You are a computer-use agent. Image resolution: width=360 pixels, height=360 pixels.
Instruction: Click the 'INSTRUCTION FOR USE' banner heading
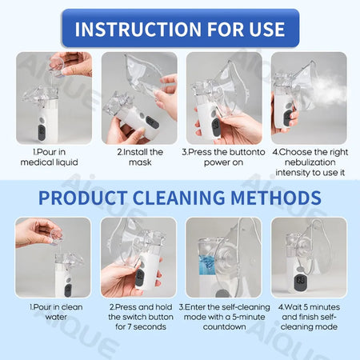coord(180,29)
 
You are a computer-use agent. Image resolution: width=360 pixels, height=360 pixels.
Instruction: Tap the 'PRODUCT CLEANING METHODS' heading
coord(180,198)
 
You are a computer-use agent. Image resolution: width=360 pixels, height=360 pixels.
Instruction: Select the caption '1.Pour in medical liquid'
coord(50,157)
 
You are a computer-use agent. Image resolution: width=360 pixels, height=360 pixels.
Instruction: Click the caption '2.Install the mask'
coord(140,157)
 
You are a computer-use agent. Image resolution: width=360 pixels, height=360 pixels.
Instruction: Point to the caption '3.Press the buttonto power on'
coord(223,157)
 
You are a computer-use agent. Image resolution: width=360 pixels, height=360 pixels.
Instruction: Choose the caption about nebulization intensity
coord(310,162)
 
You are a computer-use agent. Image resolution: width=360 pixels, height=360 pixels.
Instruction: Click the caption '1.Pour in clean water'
coord(56,312)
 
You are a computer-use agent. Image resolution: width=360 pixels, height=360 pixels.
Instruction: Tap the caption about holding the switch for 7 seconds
coord(141,317)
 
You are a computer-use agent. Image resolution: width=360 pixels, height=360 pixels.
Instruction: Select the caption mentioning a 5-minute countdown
coord(224,317)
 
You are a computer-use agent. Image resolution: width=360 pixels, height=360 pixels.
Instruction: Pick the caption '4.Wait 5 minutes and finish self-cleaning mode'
coord(309,317)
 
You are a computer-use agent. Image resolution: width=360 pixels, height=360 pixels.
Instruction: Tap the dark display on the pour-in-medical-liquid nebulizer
coord(42,133)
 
